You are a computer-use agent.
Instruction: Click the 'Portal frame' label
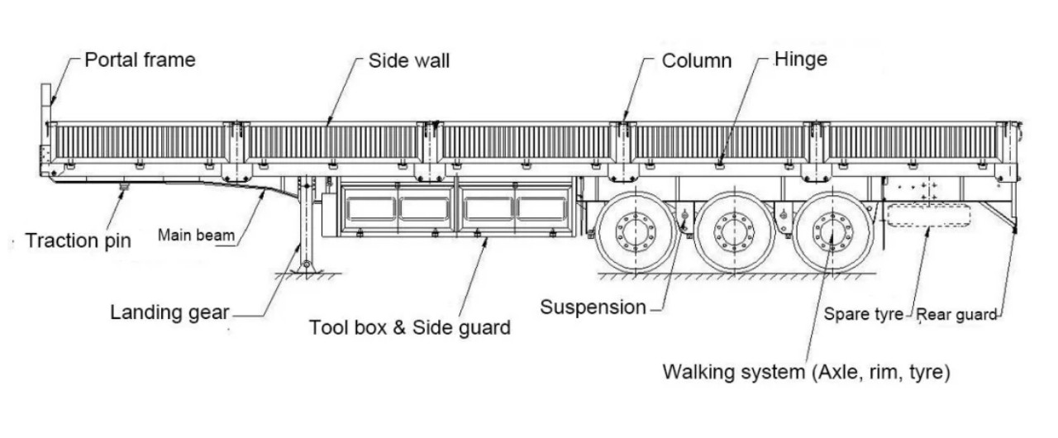tap(140, 60)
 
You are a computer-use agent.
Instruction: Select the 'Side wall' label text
tap(409, 61)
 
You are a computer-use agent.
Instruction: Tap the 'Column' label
tap(697, 61)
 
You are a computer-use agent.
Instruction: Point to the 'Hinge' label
tap(800, 60)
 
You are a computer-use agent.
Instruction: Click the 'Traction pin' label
tap(78, 241)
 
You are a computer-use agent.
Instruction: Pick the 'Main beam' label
tap(196, 236)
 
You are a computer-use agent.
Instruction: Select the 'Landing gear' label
tap(169, 312)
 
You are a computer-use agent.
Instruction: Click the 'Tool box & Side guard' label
tap(409, 327)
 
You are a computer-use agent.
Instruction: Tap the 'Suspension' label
tap(593, 307)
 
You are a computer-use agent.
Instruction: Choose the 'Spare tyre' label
tap(863, 315)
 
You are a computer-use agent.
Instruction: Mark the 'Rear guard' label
tap(957, 315)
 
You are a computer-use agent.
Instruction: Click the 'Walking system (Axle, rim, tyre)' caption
tap(806, 372)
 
